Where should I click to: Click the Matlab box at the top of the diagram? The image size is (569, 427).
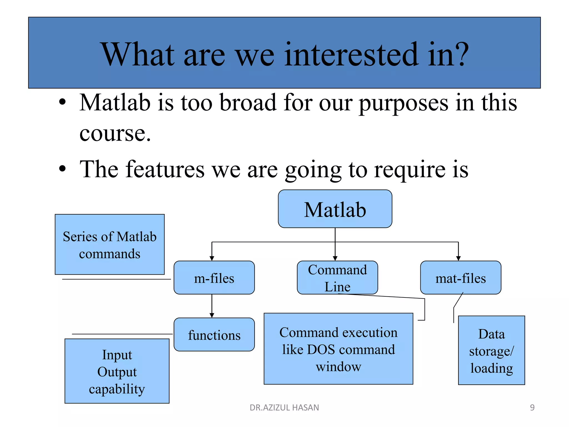335,209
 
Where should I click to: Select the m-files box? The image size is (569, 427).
214,278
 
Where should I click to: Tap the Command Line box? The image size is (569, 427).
337,278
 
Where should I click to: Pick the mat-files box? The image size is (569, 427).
460,278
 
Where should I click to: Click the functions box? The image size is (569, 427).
214,335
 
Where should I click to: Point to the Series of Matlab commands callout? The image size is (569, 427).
109,245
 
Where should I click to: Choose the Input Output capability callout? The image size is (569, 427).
117,371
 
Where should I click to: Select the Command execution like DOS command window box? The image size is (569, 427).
338,349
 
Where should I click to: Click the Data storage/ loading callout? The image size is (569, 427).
491,350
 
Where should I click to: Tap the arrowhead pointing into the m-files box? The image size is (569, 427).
212,258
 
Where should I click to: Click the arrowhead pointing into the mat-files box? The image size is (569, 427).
458,258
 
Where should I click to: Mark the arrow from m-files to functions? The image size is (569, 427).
212,306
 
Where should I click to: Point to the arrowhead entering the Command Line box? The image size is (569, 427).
335,258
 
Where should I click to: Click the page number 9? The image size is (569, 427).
532,408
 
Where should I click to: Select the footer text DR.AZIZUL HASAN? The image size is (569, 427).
284,408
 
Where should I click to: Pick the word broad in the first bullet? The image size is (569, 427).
248,103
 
